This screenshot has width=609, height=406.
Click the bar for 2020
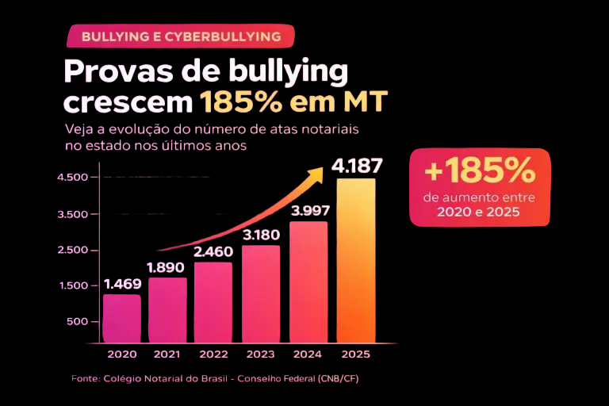[x=121, y=317]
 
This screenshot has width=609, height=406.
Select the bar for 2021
[x=167, y=309]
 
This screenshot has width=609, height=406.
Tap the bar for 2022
[x=213, y=301]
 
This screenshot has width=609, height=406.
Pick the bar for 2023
[x=260, y=293]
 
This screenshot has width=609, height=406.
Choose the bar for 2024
[x=308, y=282]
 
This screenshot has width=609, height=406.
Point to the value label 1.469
[x=122, y=283]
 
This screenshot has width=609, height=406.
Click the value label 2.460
[x=213, y=251]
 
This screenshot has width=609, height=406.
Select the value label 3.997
[x=310, y=210]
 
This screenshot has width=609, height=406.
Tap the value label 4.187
[x=357, y=167]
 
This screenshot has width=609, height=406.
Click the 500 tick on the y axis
[x=76, y=321]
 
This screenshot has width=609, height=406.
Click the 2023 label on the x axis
[x=260, y=354]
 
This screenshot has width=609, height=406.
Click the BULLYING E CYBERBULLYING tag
[x=181, y=36]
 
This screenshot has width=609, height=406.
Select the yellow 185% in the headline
[x=234, y=103]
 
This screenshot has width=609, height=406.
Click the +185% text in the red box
[x=481, y=170]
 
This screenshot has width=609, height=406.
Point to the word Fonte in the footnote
[x=85, y=378]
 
